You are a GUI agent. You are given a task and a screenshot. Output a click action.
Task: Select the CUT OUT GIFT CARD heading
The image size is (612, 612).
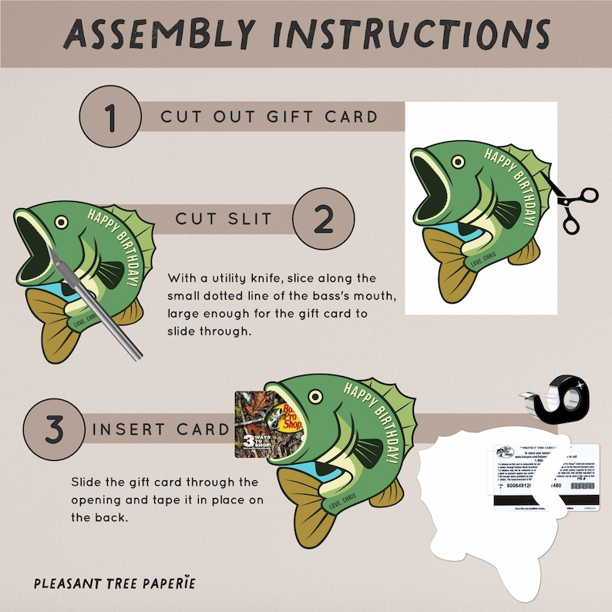(269, 118)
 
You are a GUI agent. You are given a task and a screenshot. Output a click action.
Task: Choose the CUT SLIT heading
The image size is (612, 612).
(224, 219)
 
